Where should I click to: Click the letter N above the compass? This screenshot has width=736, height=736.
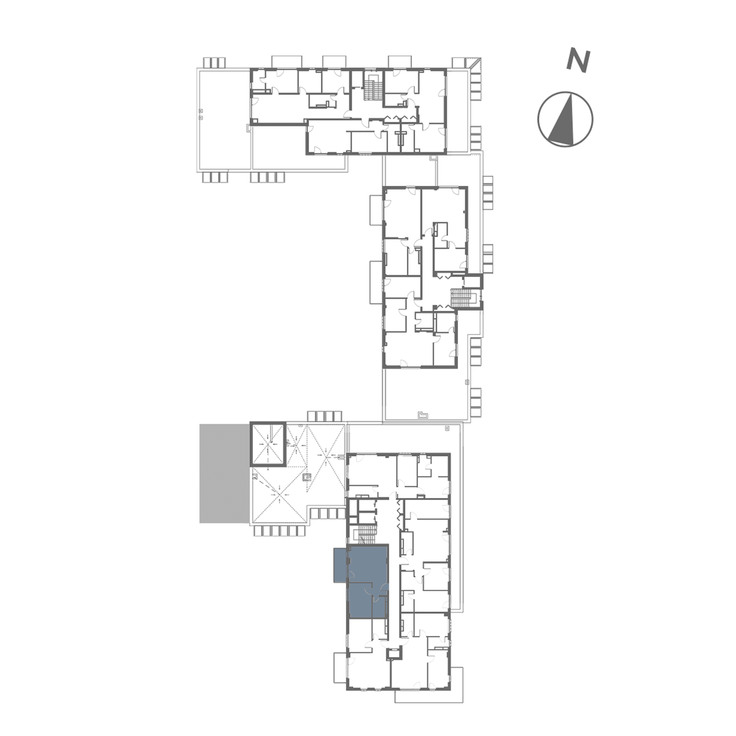[x=578, y=61]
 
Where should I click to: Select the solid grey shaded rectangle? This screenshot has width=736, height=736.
[x=224, y=473]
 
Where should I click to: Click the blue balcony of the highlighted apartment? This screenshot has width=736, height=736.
[x=340, y=565]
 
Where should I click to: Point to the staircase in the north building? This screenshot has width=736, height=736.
[x=370, y=88]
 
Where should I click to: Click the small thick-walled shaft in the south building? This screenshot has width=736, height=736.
[x=393, y=654]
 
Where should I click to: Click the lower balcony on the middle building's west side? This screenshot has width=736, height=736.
[x=376, y=282]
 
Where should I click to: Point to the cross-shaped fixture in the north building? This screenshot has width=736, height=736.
[x=400, y=137]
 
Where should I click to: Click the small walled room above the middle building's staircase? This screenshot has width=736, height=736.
[x=473, y=282]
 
